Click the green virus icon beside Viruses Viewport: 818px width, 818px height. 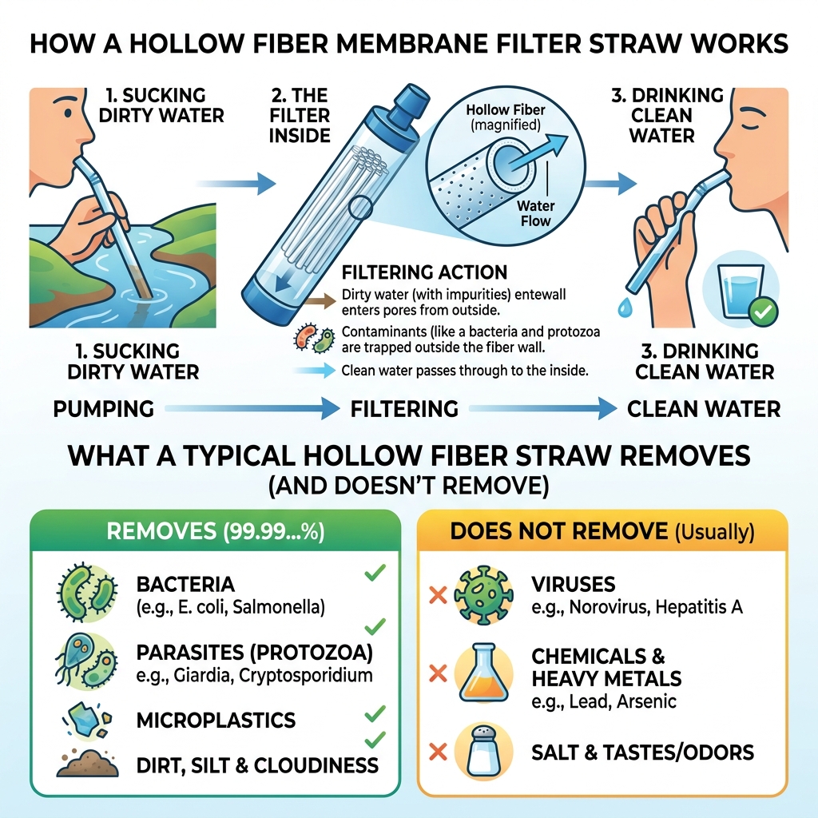tap(482, 594)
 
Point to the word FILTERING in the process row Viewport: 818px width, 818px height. tap(404, 410)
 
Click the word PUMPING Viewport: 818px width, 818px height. tap(103, 410)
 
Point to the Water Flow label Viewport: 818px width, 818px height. tap(535, 212)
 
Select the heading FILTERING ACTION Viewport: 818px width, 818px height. tap(423, 273)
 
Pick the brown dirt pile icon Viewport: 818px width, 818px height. tap(85, 763)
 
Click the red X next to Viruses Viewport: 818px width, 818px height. tap(437, 595)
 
